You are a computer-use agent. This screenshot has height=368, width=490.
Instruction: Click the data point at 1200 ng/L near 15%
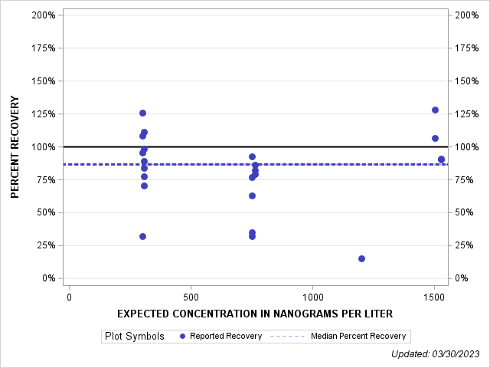361,258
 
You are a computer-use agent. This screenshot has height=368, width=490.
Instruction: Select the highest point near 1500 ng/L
435,110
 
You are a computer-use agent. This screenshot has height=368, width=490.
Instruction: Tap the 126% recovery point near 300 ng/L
142,113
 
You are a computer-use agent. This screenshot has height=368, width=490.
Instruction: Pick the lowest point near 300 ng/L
142,236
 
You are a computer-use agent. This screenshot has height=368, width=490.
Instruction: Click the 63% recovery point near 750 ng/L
252,195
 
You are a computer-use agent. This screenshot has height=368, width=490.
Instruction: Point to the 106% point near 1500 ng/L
435,139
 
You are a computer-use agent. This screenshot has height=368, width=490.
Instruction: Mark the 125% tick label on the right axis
465,114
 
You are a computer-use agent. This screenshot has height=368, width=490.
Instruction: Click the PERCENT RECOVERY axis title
15,146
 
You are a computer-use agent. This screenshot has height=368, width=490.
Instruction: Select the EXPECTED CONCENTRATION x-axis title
255,314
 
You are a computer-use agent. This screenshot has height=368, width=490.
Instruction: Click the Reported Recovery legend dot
182,336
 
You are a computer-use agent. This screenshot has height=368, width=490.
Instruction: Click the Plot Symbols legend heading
134,336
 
